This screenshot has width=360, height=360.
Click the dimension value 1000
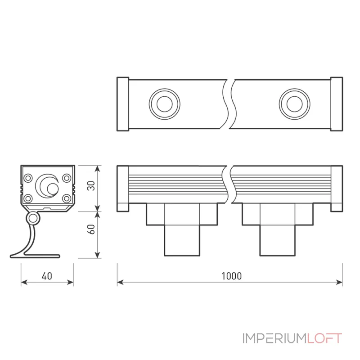click(x=231, y=276)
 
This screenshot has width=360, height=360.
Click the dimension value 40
click(x=47, y=276)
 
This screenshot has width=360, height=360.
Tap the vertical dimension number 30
click(x=91, y=186)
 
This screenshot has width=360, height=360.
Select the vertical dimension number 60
click(x=91, y=229)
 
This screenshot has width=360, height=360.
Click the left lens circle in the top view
click(x=164, y=104)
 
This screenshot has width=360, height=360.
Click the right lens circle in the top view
click(x=295, y=104)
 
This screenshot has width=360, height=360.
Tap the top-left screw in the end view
click(x=28, y=178)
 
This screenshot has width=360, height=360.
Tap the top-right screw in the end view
click(x=67, y=178)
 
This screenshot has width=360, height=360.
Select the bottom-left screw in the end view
click(x=28, y=198)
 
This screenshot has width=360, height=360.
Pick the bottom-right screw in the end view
click(x=67, y=198)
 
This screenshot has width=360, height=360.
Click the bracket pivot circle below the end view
click(x=33, y=219)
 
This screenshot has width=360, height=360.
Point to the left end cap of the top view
click(x=123, y=104)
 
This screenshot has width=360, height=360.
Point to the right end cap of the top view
click(x=337, y=104)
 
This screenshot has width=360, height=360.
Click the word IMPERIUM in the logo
click(x=275, y=338)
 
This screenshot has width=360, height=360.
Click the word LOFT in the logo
click(x=324, y=338)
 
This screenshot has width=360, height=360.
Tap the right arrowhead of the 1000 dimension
click(x=340, y=282)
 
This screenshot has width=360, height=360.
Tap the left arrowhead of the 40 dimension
click(x=24, y=282)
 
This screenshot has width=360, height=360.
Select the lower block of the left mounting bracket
click(x=182, y=240)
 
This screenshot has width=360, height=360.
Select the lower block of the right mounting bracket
click(x=278, y=240)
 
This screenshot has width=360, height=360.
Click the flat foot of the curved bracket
click(x=41, y=256)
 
